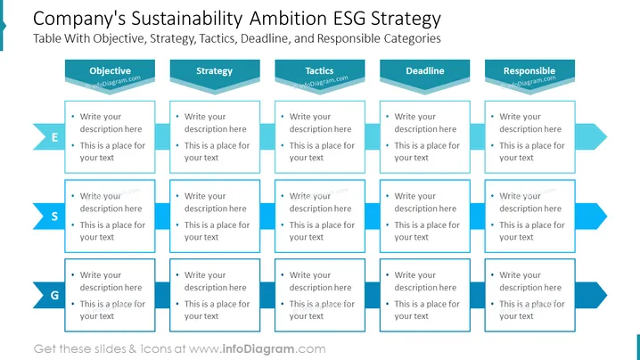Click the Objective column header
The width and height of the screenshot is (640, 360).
[x=110, y=73]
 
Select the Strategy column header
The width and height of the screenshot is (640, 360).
[x=215, y=73]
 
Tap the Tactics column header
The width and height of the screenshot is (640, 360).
[x=320, y=73]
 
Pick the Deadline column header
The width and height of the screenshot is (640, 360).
[x=425, y=73]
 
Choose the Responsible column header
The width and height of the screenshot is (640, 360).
[x=529, y=73]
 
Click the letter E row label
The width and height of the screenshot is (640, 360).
[x=54, y=137]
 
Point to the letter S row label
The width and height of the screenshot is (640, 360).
[x=54, y=217]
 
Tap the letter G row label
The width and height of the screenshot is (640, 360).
[x=54, y=295]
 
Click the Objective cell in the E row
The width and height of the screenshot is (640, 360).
[x=110, y=137]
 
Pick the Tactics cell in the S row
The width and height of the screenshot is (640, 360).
[x=320, y=217]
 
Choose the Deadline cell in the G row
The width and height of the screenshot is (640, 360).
[x=425, y=295]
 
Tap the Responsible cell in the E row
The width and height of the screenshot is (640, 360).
[x=529, y=137]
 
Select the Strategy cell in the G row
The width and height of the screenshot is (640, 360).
[x=215, y=295]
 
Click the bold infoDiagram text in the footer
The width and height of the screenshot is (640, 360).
[x=258, y=349]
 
